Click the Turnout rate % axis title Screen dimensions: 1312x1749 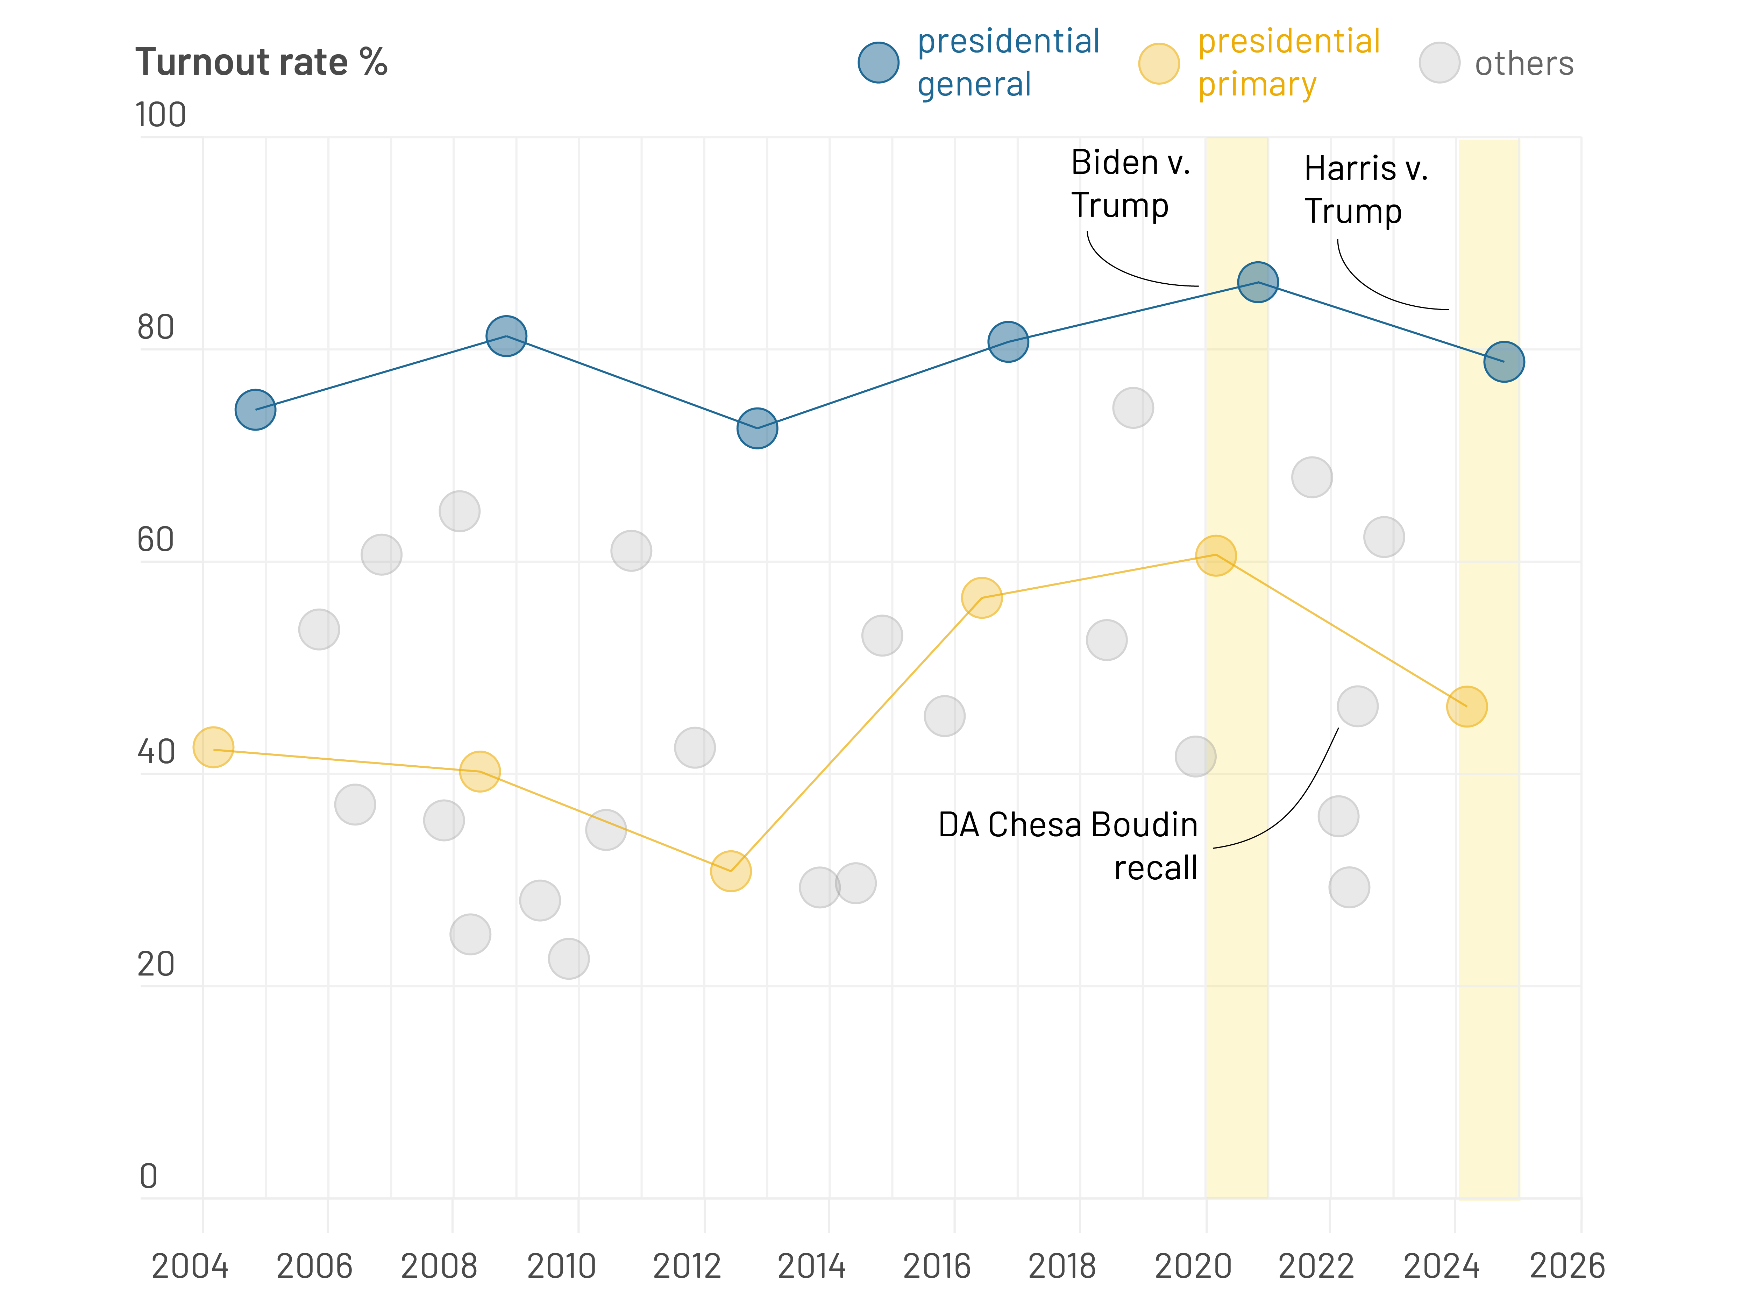tap(261, 63)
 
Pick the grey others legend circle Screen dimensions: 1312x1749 tap(1439, 63)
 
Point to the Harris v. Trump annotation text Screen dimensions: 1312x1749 tap(1365, 190)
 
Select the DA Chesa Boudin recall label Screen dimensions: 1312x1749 tap(1067, 846)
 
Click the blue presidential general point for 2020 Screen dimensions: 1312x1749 tap(1257, 282)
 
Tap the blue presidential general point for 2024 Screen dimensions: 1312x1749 tap(1503, 362)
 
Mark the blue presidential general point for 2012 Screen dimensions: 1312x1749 tap(757, 428)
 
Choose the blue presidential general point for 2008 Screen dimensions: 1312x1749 tap(506, 336)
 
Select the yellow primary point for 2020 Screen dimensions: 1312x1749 tap(1215, 555)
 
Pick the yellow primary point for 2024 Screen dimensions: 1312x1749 tap(1467, 706)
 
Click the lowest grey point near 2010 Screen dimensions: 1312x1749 tap(569, 958)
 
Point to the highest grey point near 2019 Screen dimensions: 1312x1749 tap(1133, 408)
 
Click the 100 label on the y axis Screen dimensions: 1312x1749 tap(161, 115)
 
